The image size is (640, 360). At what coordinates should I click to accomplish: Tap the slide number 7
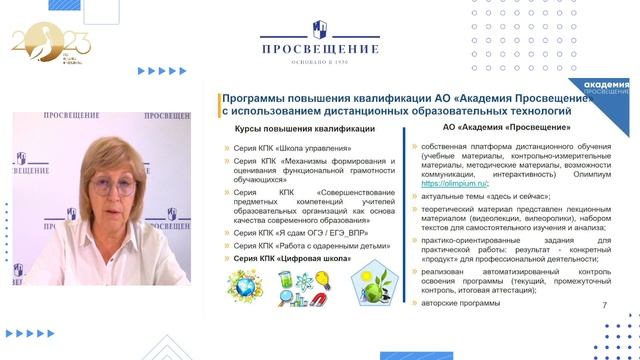click(x=603, y=304)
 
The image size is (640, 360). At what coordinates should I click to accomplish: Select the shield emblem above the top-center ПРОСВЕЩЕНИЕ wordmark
click(x=320, y=28)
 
